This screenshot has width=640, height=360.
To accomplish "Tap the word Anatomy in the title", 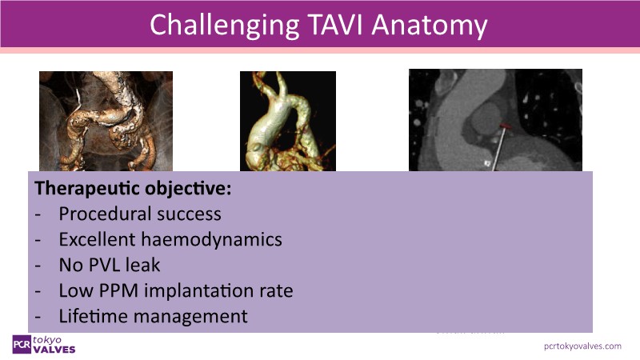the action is pyautogui.click(x=430, y=27).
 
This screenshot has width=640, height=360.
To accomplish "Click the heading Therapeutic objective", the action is pyautogui.click(x=133, y=188).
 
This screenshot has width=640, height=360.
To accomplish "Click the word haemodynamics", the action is pyautogui.click(x=211, y=239).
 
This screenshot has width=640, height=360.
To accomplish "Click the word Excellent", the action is pyautogui.click(x=97, y=239).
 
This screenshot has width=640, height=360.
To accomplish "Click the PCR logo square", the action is pyautogui.click(x=22, y=345).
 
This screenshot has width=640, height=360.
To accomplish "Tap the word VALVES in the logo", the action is pyautogui.click(x=54, y=350).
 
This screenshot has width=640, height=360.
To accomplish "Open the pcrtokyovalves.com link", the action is pyautogui.click(x=582, y=346).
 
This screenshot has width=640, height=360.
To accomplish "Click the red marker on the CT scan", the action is pyautogui.click(x=506, y=126).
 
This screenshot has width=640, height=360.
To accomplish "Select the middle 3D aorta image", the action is pyautogui.click(x=288, y=122).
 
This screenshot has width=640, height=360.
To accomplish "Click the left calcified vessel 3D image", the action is pyautogui.click(x=106, y=122).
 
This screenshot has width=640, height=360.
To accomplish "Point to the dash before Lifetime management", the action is pyautogui.click(x=38, y=317).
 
